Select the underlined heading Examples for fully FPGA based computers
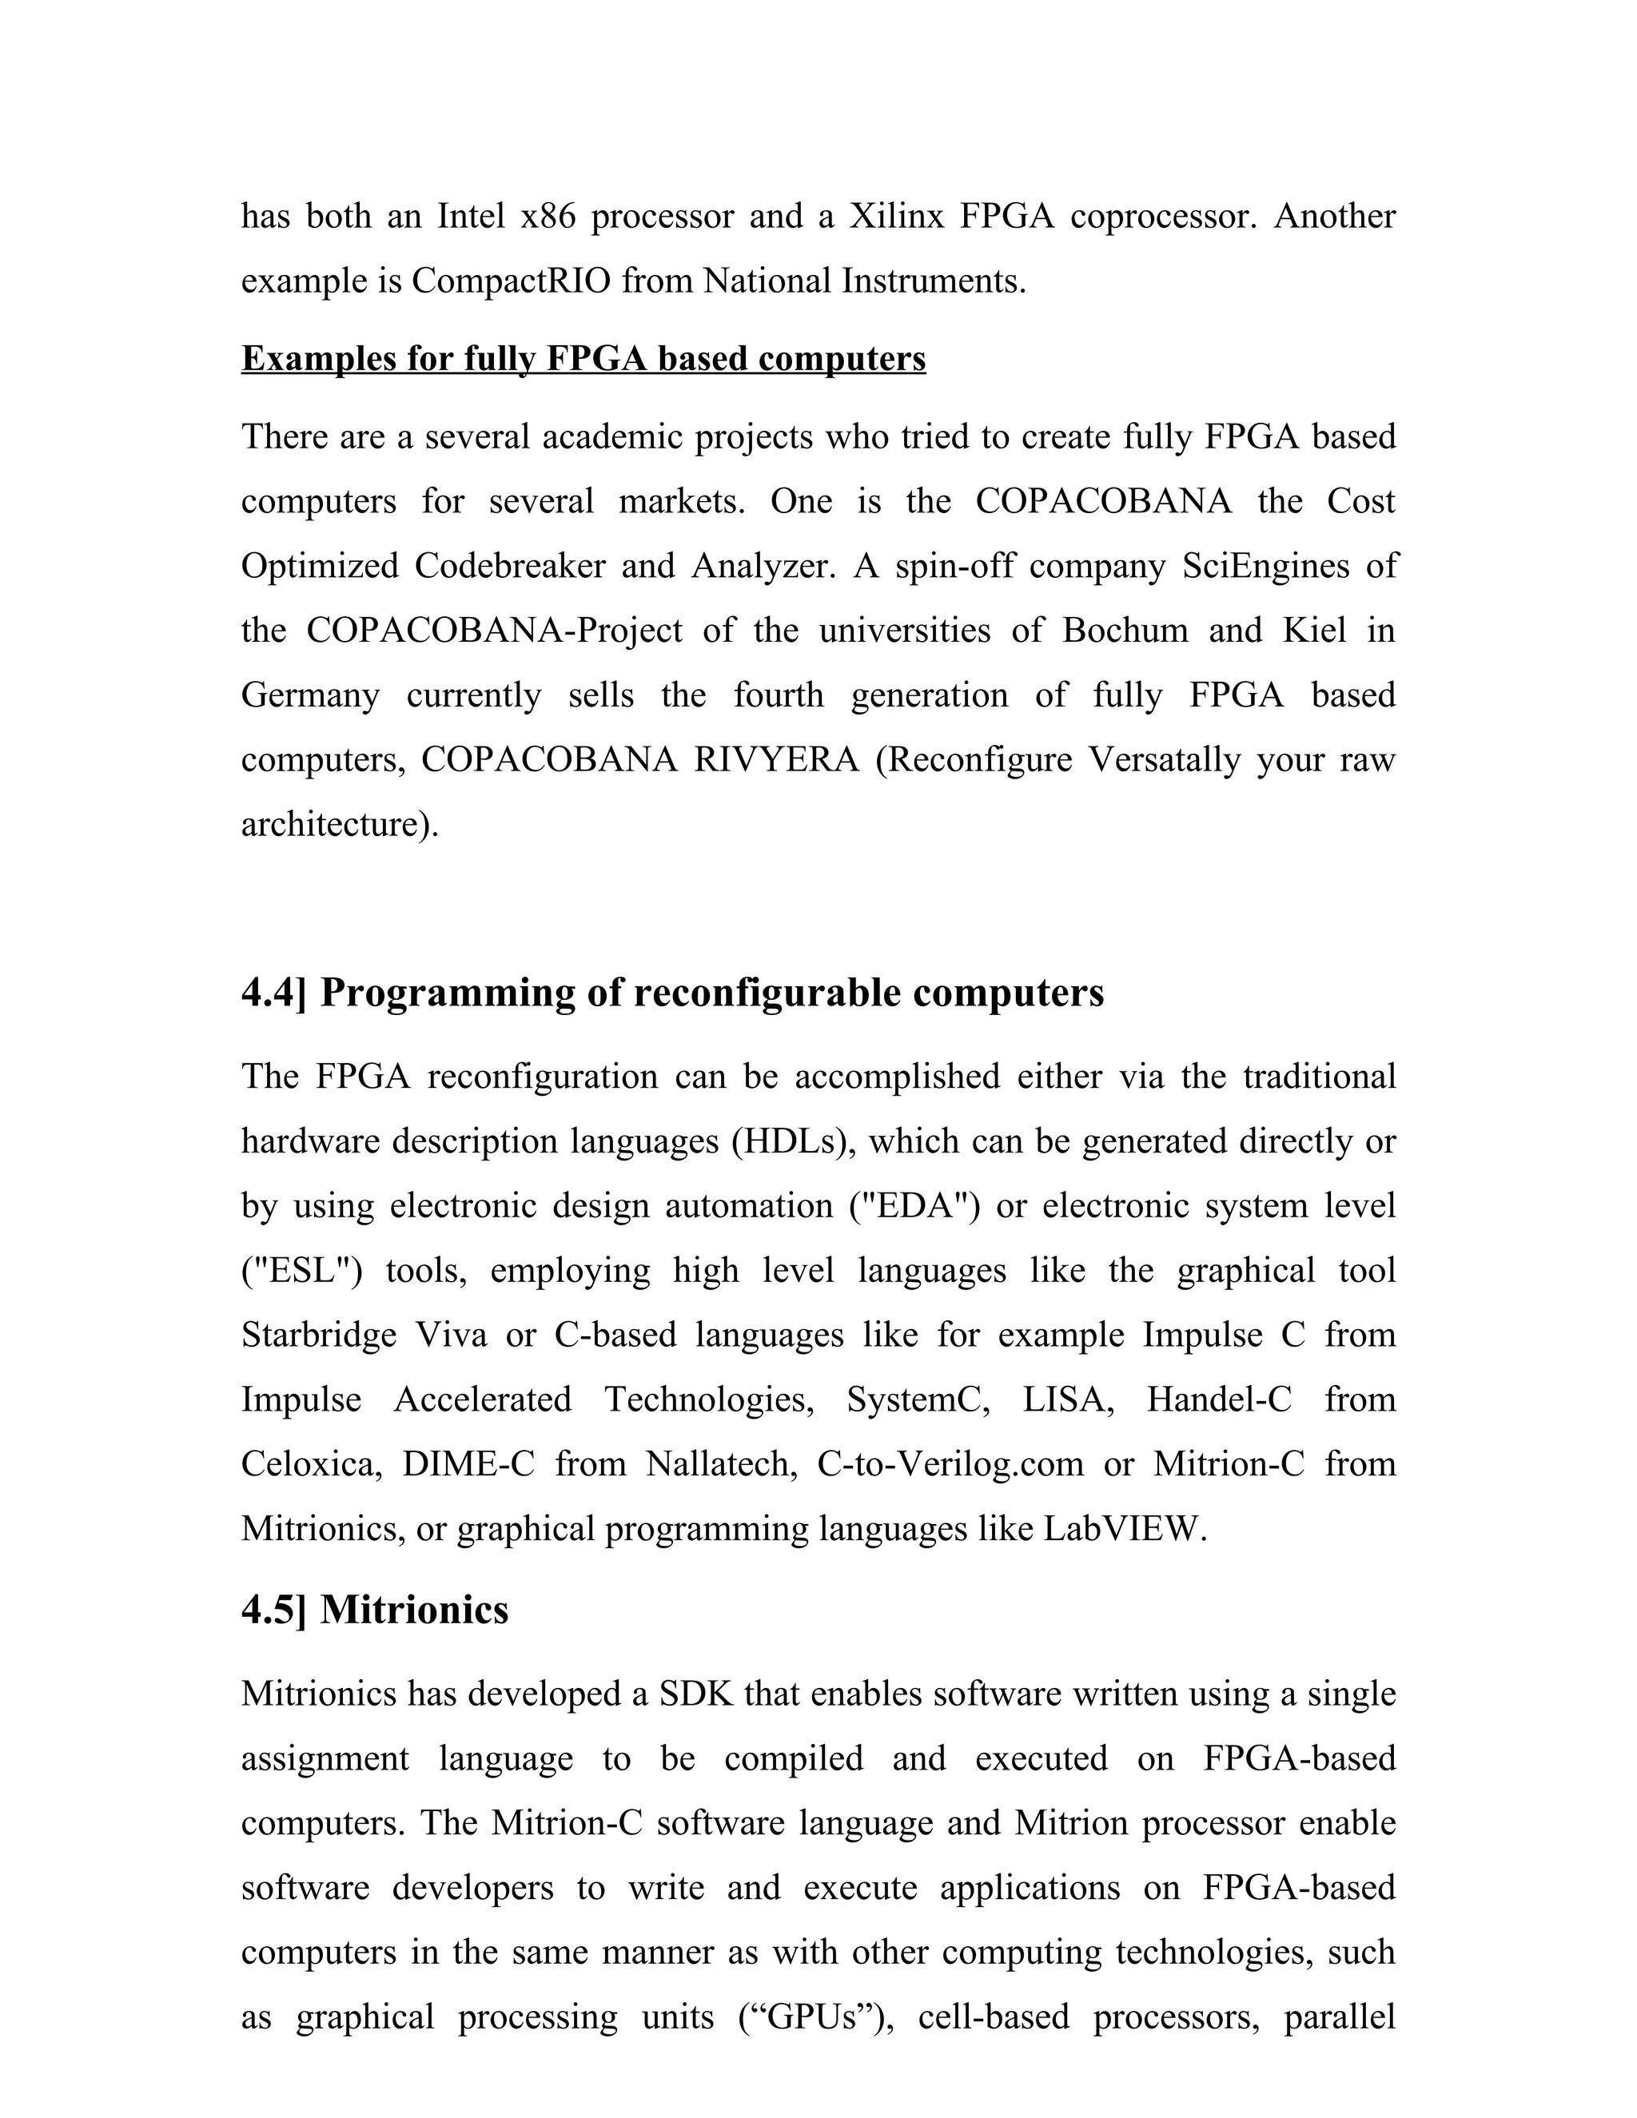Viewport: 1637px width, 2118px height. [x=583, y=359]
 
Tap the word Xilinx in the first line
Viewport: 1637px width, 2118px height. [x=896, y=217]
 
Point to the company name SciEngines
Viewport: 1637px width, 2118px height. [x=1265, y=565]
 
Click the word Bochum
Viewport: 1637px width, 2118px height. [x=1125, y=631]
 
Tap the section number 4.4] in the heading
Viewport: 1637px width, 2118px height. [x=273, y=993]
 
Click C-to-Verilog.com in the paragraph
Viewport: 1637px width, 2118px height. [x=950, y=1464]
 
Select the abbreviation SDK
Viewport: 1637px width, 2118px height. [x=696, y=1694]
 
